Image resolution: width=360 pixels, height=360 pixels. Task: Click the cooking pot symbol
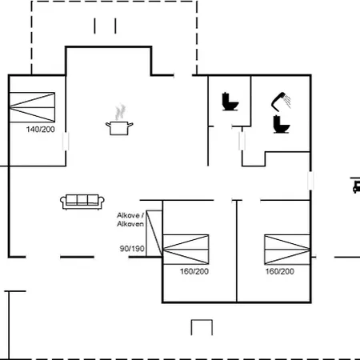click(x=119, y=128)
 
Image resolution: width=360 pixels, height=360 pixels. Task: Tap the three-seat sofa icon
click(x=82, y=202)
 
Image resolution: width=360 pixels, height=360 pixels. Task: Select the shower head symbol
click(x=281, y=102)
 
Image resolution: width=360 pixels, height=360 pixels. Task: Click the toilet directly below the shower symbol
click(x=282, y=124)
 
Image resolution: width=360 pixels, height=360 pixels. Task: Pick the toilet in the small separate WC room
click(x=230, y=102)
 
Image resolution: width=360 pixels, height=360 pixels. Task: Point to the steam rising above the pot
click(x=120, y=112)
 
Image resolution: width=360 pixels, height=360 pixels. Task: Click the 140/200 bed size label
click(x=41, y=130)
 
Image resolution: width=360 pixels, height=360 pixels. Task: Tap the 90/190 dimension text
click(x=132, y=249)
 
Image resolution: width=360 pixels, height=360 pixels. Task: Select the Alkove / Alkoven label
click(x=130, y=219)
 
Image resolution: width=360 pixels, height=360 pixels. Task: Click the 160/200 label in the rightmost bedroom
click(x=280, y=271)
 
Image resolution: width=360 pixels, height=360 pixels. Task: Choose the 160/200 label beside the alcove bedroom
click(x=194, y=271)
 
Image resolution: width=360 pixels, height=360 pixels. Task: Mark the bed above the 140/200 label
click(x=32, y=107)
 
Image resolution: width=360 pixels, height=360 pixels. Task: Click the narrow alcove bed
click(x=154, y=234)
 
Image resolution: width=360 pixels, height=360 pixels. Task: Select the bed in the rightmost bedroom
click(x=287, y=250)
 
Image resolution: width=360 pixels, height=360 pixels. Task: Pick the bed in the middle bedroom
click(x=186, y=250)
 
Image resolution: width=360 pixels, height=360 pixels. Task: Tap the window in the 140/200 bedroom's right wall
click(x=66, y=142)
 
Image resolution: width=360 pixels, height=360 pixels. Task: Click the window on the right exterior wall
click(x=310, y=181)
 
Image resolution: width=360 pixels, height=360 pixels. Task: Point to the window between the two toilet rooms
click(x=242, y=141)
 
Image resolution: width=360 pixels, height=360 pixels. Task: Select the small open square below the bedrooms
click(x=202, y=327)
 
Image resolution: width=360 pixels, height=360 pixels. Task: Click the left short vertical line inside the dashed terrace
click(x=94, y=26)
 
